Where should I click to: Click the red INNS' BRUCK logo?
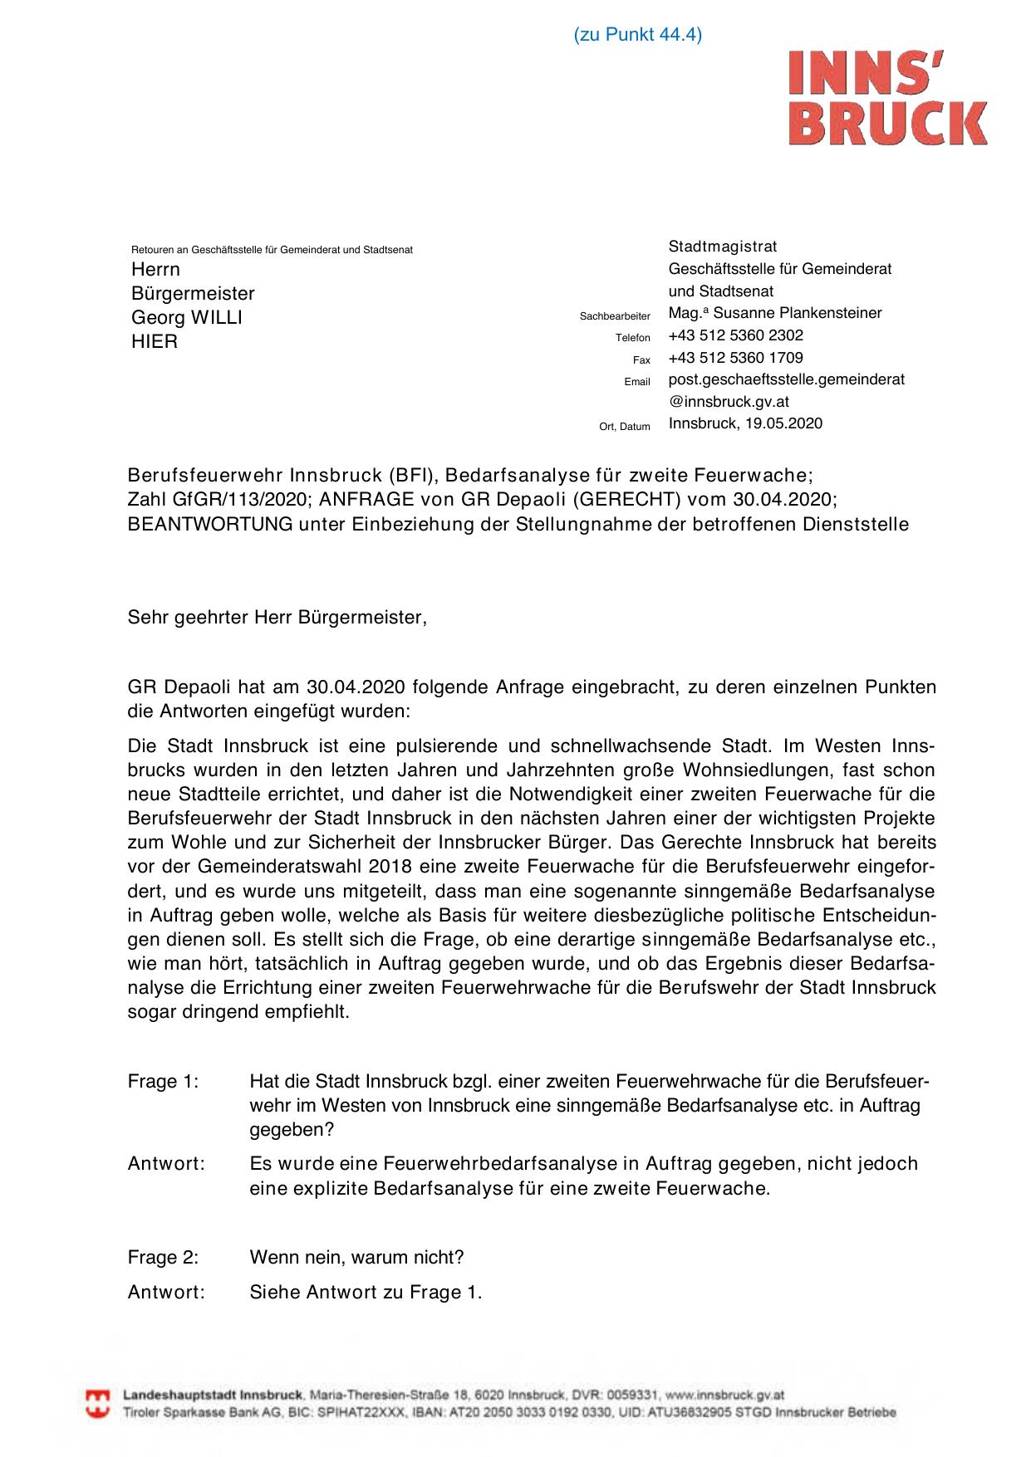[887, 98]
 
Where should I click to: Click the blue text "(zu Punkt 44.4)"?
[637, 35]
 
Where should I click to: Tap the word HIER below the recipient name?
[155, 342]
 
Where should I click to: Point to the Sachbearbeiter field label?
[615, 316]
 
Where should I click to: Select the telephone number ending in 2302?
[735, 335]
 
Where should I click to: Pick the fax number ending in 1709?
[735, 358]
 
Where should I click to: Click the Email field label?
[636, 382]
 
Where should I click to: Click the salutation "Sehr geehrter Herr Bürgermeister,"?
[277, 618]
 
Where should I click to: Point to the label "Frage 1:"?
[163, 1082]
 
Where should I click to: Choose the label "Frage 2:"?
[163, 1257]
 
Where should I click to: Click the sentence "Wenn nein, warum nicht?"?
[356, 1257]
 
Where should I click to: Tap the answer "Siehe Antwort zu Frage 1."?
[366, 1292]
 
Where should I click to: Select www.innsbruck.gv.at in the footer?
[725, 1396]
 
